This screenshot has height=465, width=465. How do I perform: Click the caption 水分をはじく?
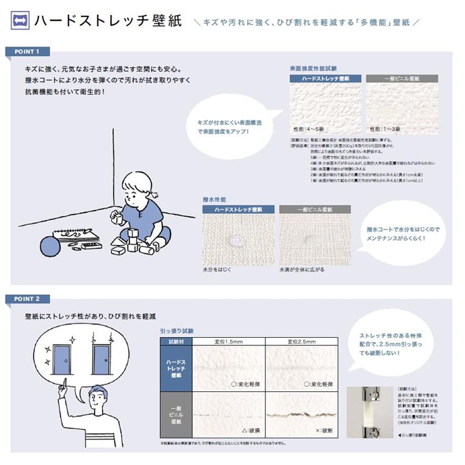(217, 271)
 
